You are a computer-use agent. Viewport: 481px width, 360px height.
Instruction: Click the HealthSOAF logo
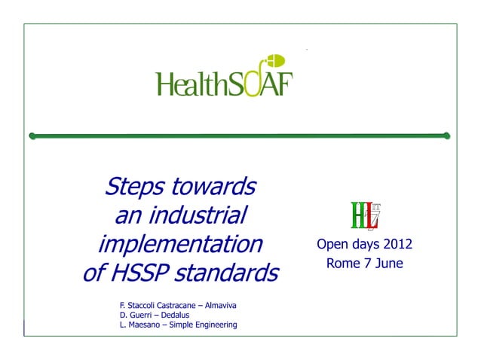224,80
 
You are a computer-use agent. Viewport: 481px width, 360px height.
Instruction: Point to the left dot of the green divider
32,136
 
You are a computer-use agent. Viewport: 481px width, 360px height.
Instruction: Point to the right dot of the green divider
446,136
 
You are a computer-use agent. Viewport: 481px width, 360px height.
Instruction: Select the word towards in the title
214,185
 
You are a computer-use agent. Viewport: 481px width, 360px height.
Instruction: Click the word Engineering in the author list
213,325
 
